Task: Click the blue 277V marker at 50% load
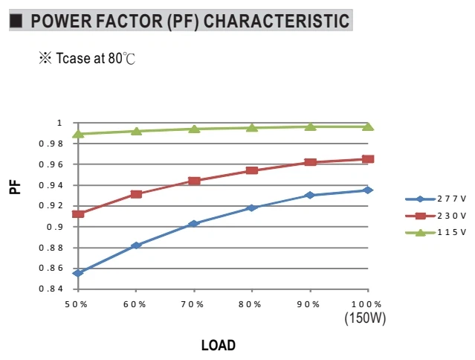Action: (x=78, y=273)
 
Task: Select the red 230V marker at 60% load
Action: (x=136, y=194)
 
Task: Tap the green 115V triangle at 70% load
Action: (x=194, y=129)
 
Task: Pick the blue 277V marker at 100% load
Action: (x=368, y=190)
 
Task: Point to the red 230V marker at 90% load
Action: (x=310, y=162)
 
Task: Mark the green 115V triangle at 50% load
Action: (x=78, y=134)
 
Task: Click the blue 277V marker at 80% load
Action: (x=252, y=208)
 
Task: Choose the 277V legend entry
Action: (x=436, y=199)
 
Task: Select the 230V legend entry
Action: (x=436, y=216)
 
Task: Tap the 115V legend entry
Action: (x=436, y=232)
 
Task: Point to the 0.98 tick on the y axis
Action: (x=51, y=144)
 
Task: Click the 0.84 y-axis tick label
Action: (x=51, y=289)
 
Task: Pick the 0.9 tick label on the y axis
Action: (x=55, y=227)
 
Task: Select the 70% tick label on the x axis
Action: (x=193, y=304)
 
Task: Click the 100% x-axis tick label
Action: (x=366, y=304)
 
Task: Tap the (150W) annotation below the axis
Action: (x=365, y=318)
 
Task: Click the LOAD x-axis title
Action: (x=219, y=345)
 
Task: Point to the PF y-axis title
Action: (x=15, y=187)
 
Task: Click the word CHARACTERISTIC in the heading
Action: (x=277, y=21)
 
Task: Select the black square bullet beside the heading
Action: (x=16, y=21)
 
